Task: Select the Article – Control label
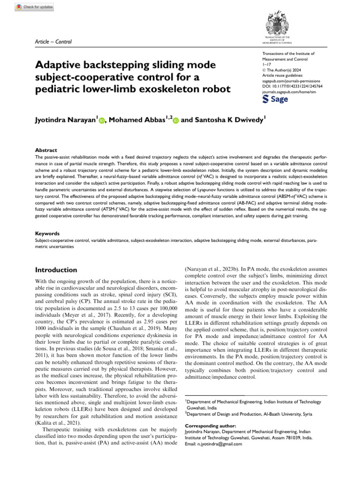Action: [x=53, y=42]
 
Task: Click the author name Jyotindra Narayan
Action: [x=66, y=120]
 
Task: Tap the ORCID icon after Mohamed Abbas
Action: [x=176, y=121]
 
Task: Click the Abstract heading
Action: [x=46, y=150]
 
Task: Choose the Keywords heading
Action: [x=47, y=233]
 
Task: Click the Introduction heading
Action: [x=57, y=270]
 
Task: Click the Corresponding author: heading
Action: [x=207, y=426]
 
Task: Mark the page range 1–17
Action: [x=266, y=64]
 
